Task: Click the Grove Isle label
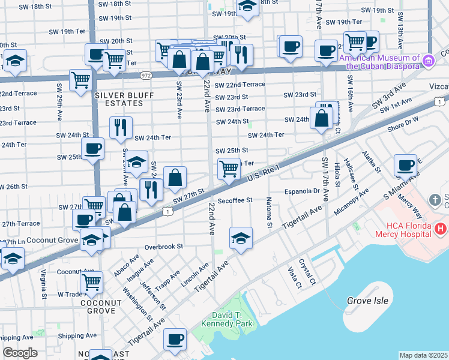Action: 367,301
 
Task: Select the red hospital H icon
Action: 441,229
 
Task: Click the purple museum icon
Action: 428,61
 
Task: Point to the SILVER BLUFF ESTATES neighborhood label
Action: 124,99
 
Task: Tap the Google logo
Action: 20,353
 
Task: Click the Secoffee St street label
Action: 235,200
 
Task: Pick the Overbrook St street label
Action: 163,246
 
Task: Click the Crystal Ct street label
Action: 311,272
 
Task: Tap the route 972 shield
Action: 146,76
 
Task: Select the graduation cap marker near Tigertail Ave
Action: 241,237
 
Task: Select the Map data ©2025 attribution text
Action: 424,355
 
